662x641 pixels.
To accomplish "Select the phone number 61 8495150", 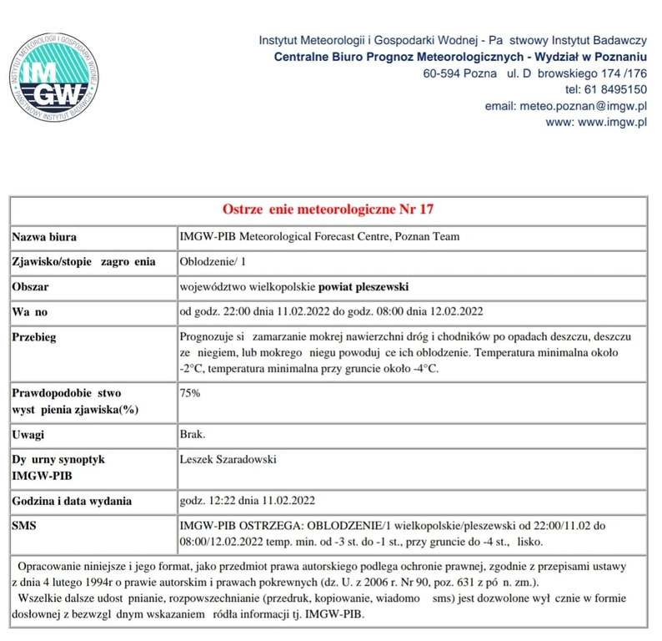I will (x=617, y=89).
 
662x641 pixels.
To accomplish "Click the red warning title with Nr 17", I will (x=328, y=208).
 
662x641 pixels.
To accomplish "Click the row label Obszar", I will (x=32, y=286).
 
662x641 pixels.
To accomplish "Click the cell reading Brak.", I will (x=191, y=435).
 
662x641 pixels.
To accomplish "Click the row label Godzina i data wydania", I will (x=72, y=502).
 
